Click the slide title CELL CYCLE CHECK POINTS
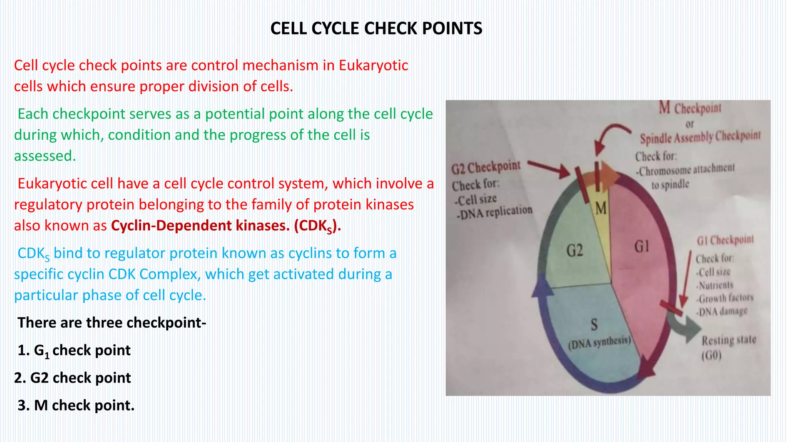coord(376,29)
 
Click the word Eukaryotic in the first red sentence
coord(373,66)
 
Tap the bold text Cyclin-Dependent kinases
coord(200,226)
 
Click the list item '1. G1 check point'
coord(74,351)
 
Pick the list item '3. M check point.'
coord(76,406)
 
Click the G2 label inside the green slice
coord(574,251)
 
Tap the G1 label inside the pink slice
coord(642,246)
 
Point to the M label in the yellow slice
coord(601,209)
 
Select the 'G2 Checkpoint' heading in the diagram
coord(486,168)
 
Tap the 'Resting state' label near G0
coord(729,340)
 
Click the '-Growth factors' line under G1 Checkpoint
coord(725,298)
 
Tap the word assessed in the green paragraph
coord(45,156)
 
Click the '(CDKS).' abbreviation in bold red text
coord(317,226)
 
